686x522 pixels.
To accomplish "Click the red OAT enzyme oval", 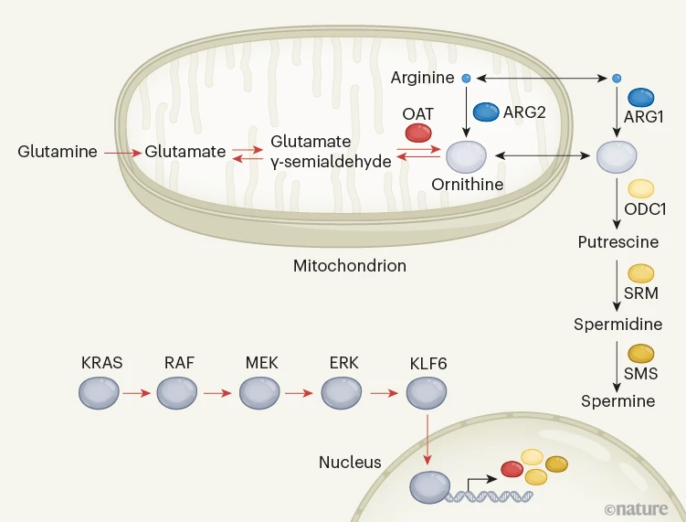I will [x=418, y=133].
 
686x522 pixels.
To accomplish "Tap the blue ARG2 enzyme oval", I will [x=485, y=112].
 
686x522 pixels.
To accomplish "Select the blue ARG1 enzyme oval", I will [x=641, y=97].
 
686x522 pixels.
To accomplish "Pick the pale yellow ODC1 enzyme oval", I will [x=641, y=188].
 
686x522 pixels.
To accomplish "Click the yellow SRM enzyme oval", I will [x=641, y=272].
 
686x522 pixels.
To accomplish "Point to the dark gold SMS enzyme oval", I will [x=641, y=353].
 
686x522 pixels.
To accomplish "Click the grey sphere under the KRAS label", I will [x=98, y=394].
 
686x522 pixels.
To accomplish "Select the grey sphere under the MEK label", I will [x=259, y=394].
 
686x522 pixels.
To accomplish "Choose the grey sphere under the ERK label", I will [x=343, y=394].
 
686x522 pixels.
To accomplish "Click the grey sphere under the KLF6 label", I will [x=425, y=394].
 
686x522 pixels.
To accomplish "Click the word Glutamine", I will [x=58, y=152].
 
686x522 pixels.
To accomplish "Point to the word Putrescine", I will [x=617, y=242].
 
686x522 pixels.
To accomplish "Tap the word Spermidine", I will [x=617, y=325].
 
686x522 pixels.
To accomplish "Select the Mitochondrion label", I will [x=349, y=266].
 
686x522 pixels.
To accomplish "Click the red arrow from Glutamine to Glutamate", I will [x=122, y=153].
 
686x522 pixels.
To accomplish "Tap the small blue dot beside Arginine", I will [x=466, y=79].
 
